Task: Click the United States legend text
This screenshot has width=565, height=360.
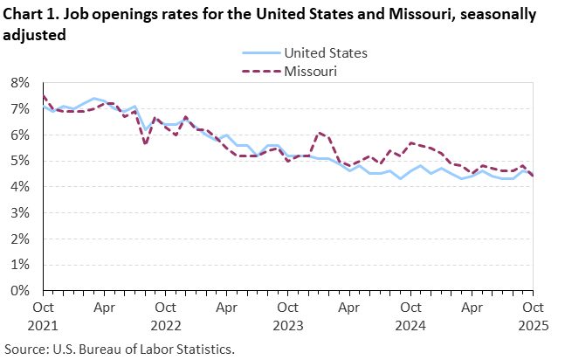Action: coord(326,52)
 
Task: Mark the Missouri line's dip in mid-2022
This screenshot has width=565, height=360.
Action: coord(145,144)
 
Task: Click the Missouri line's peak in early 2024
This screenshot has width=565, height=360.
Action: coord(320,132)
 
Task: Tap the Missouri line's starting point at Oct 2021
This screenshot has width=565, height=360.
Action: coord(44,96)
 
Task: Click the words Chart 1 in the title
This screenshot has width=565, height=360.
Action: coord(30,17)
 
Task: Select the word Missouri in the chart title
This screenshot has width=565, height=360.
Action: coord(371,17)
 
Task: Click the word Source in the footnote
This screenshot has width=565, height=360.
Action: coord(26,349)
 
